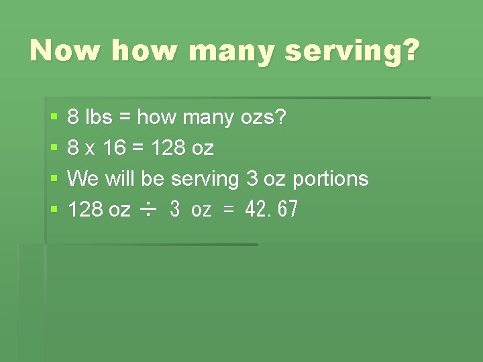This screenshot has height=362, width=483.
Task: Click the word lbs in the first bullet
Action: click(x=100, y=118)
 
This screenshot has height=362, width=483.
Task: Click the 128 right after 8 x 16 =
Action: click(x=168, y=148)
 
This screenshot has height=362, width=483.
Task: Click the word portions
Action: click(x=330, y=180)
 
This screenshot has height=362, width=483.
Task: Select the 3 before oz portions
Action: click(x=252, y=179)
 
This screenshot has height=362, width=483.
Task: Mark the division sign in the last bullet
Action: click(x=148, y=210)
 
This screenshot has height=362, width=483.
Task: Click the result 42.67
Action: click(x=271, y=210)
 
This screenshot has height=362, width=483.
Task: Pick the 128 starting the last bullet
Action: click(x=85, y=210)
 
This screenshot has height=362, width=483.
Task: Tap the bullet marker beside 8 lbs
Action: click(x=54, y=119)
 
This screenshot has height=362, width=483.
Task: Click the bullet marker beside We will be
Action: click(x=54, y=180)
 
